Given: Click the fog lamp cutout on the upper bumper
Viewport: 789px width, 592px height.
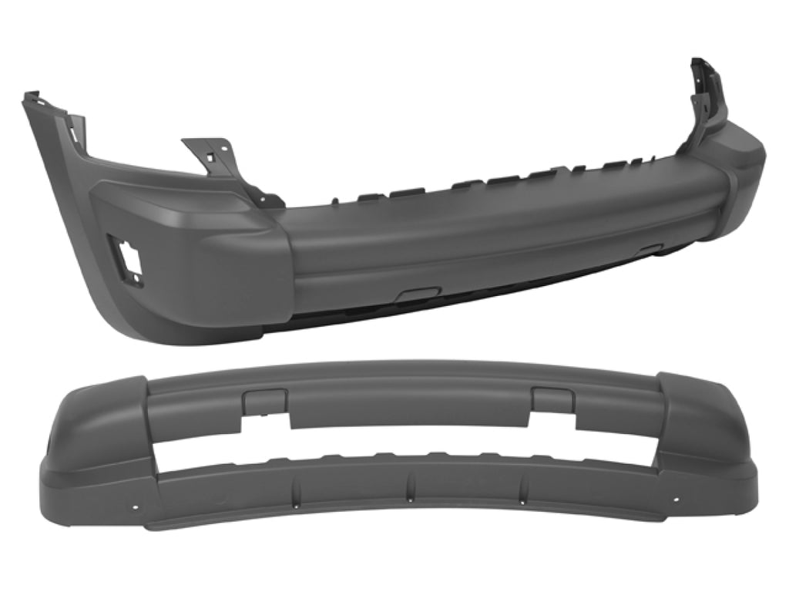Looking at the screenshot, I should [x=126, y=260].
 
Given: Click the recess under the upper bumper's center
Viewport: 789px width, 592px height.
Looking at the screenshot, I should [x=416, y=294].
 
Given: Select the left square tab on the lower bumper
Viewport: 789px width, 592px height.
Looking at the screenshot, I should [x=264, y=400].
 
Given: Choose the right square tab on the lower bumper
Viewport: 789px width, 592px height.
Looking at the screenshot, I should [x=552, y=398].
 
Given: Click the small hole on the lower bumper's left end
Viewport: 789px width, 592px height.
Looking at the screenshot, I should [x=136, y=508].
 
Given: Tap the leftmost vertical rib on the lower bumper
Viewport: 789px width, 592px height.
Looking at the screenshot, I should [x=296, y=488].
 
